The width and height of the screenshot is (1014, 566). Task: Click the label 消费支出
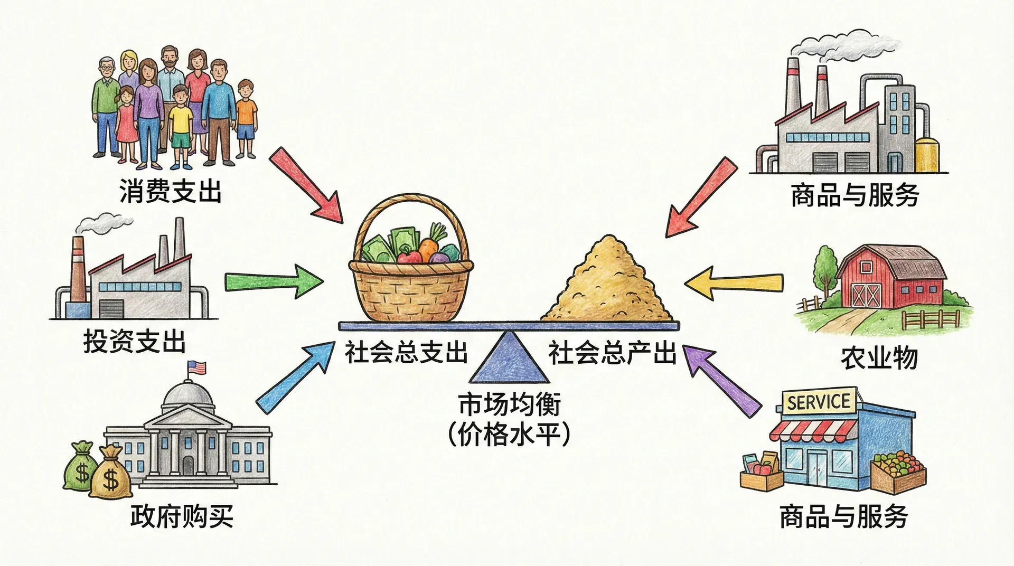170,191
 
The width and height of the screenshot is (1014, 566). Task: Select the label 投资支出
135,342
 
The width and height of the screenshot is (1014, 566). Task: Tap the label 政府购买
182,516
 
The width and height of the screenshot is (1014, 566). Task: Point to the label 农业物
879,359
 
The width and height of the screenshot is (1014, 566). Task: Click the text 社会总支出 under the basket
406,352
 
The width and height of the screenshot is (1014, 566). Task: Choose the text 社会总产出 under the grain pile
612,352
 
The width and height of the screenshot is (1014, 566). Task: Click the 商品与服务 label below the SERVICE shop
843,516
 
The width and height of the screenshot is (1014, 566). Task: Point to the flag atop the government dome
196,368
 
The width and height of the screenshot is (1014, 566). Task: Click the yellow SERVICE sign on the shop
818,402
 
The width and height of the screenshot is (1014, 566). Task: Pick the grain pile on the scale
607,285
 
